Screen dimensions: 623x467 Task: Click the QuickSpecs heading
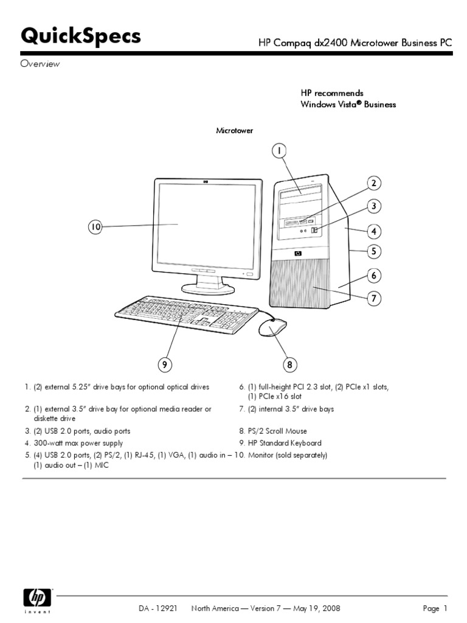point(81,37)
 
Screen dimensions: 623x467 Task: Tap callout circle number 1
point(278,150)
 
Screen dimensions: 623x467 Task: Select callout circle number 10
point(95,227)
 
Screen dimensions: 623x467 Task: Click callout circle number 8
point(290,364)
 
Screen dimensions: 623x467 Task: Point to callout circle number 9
point(164,364)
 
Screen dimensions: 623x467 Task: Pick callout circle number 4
point(373,231)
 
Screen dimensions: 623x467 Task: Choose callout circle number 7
point(373,298)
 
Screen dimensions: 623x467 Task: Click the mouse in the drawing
point(273,329)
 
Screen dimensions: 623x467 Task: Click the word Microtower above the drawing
point(235,130)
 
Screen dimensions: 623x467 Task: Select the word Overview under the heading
point(41,64)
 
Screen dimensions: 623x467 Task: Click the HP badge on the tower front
point(298,253)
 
